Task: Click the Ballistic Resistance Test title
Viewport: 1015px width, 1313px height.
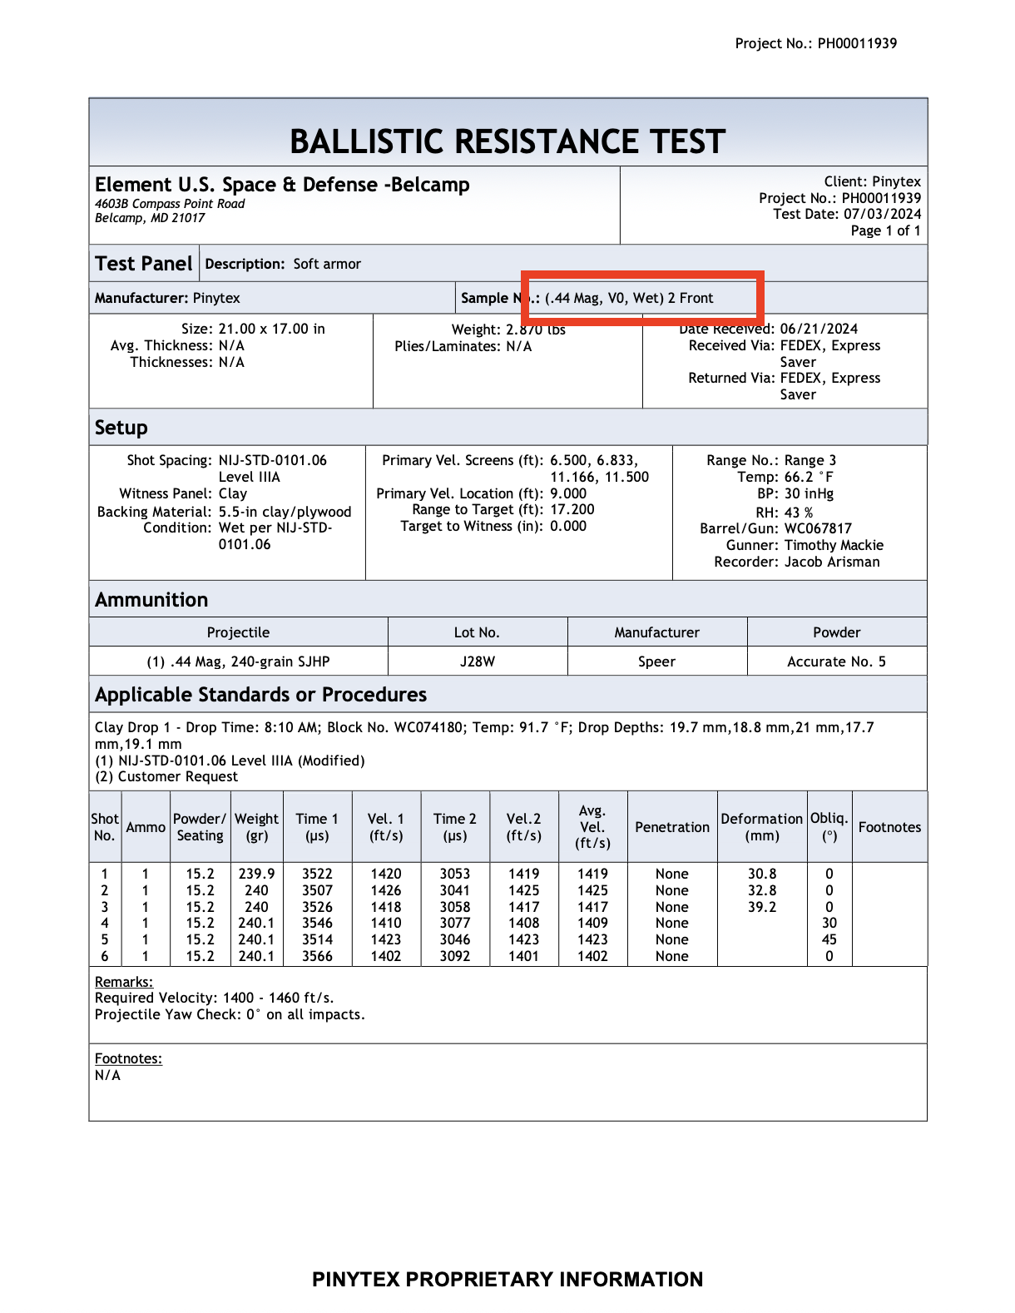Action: click(507, 141)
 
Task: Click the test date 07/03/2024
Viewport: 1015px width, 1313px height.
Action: click(882, 214)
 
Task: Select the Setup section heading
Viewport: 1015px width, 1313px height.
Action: click(121, 428)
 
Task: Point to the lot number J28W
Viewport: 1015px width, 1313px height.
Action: click(478, 661)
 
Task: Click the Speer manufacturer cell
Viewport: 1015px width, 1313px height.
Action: click(656, 661)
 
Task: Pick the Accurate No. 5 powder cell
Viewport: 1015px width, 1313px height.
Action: click(836, 661)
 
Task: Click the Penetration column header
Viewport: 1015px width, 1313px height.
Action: click(672, 827)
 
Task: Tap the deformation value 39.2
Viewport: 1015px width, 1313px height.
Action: click(762, 907)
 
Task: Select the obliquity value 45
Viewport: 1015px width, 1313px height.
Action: click(829, 939)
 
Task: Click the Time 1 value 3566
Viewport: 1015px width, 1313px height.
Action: click(317, 956)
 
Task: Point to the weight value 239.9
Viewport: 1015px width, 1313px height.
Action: click(256, 874)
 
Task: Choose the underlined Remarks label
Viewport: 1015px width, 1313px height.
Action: click(124, 982)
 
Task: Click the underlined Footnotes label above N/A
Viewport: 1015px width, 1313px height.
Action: click(128, 1058)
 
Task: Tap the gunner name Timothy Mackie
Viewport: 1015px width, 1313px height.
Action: click(834, 545)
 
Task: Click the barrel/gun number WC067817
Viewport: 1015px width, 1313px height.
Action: click(818, 528)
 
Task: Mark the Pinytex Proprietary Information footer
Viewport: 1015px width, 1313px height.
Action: click(507, 1279)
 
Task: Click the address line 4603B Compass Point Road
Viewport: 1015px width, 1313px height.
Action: click(170, 204)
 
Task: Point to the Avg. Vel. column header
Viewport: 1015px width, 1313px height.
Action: click(592, 826)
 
